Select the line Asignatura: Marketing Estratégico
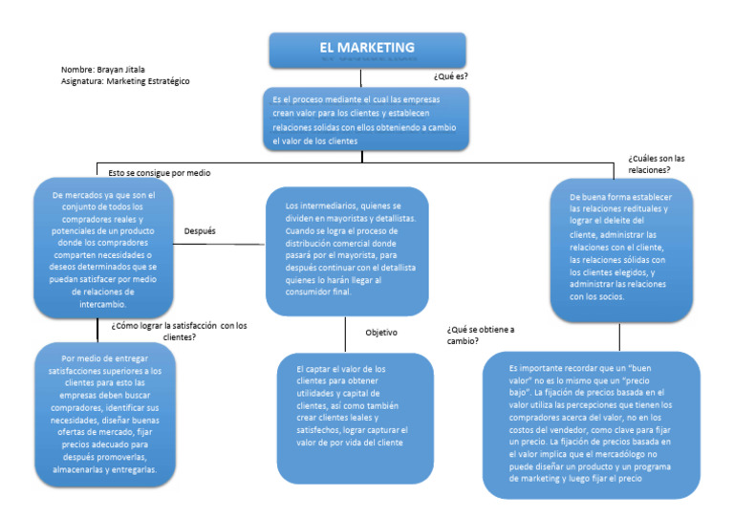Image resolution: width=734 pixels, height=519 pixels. (124, 81)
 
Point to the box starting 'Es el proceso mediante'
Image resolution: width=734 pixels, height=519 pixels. (367, 119)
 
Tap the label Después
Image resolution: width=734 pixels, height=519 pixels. (200, 231)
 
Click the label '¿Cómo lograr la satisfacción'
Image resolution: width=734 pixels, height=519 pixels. (179, 331)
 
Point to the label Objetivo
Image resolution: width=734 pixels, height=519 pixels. (381, 333)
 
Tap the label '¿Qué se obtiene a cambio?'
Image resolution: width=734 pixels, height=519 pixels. (480, 335)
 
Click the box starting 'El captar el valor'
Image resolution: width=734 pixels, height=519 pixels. (355, 419)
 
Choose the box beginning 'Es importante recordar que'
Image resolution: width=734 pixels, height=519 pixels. (590, 423)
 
